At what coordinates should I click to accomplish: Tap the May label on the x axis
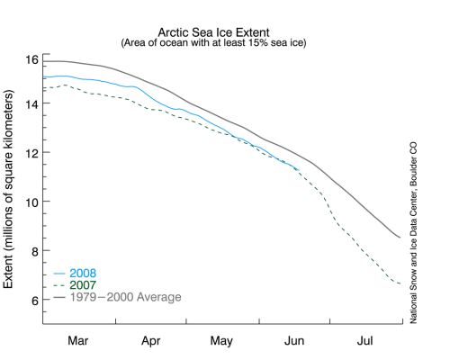coord(224,342)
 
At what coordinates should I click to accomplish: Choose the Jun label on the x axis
coord(296,342)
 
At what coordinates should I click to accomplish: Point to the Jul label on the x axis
coord(365,342)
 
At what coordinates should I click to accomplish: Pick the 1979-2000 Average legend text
coord(127,296)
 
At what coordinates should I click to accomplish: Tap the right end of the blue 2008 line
coord(298,167)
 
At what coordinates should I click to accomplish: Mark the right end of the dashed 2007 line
coord(401,284)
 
